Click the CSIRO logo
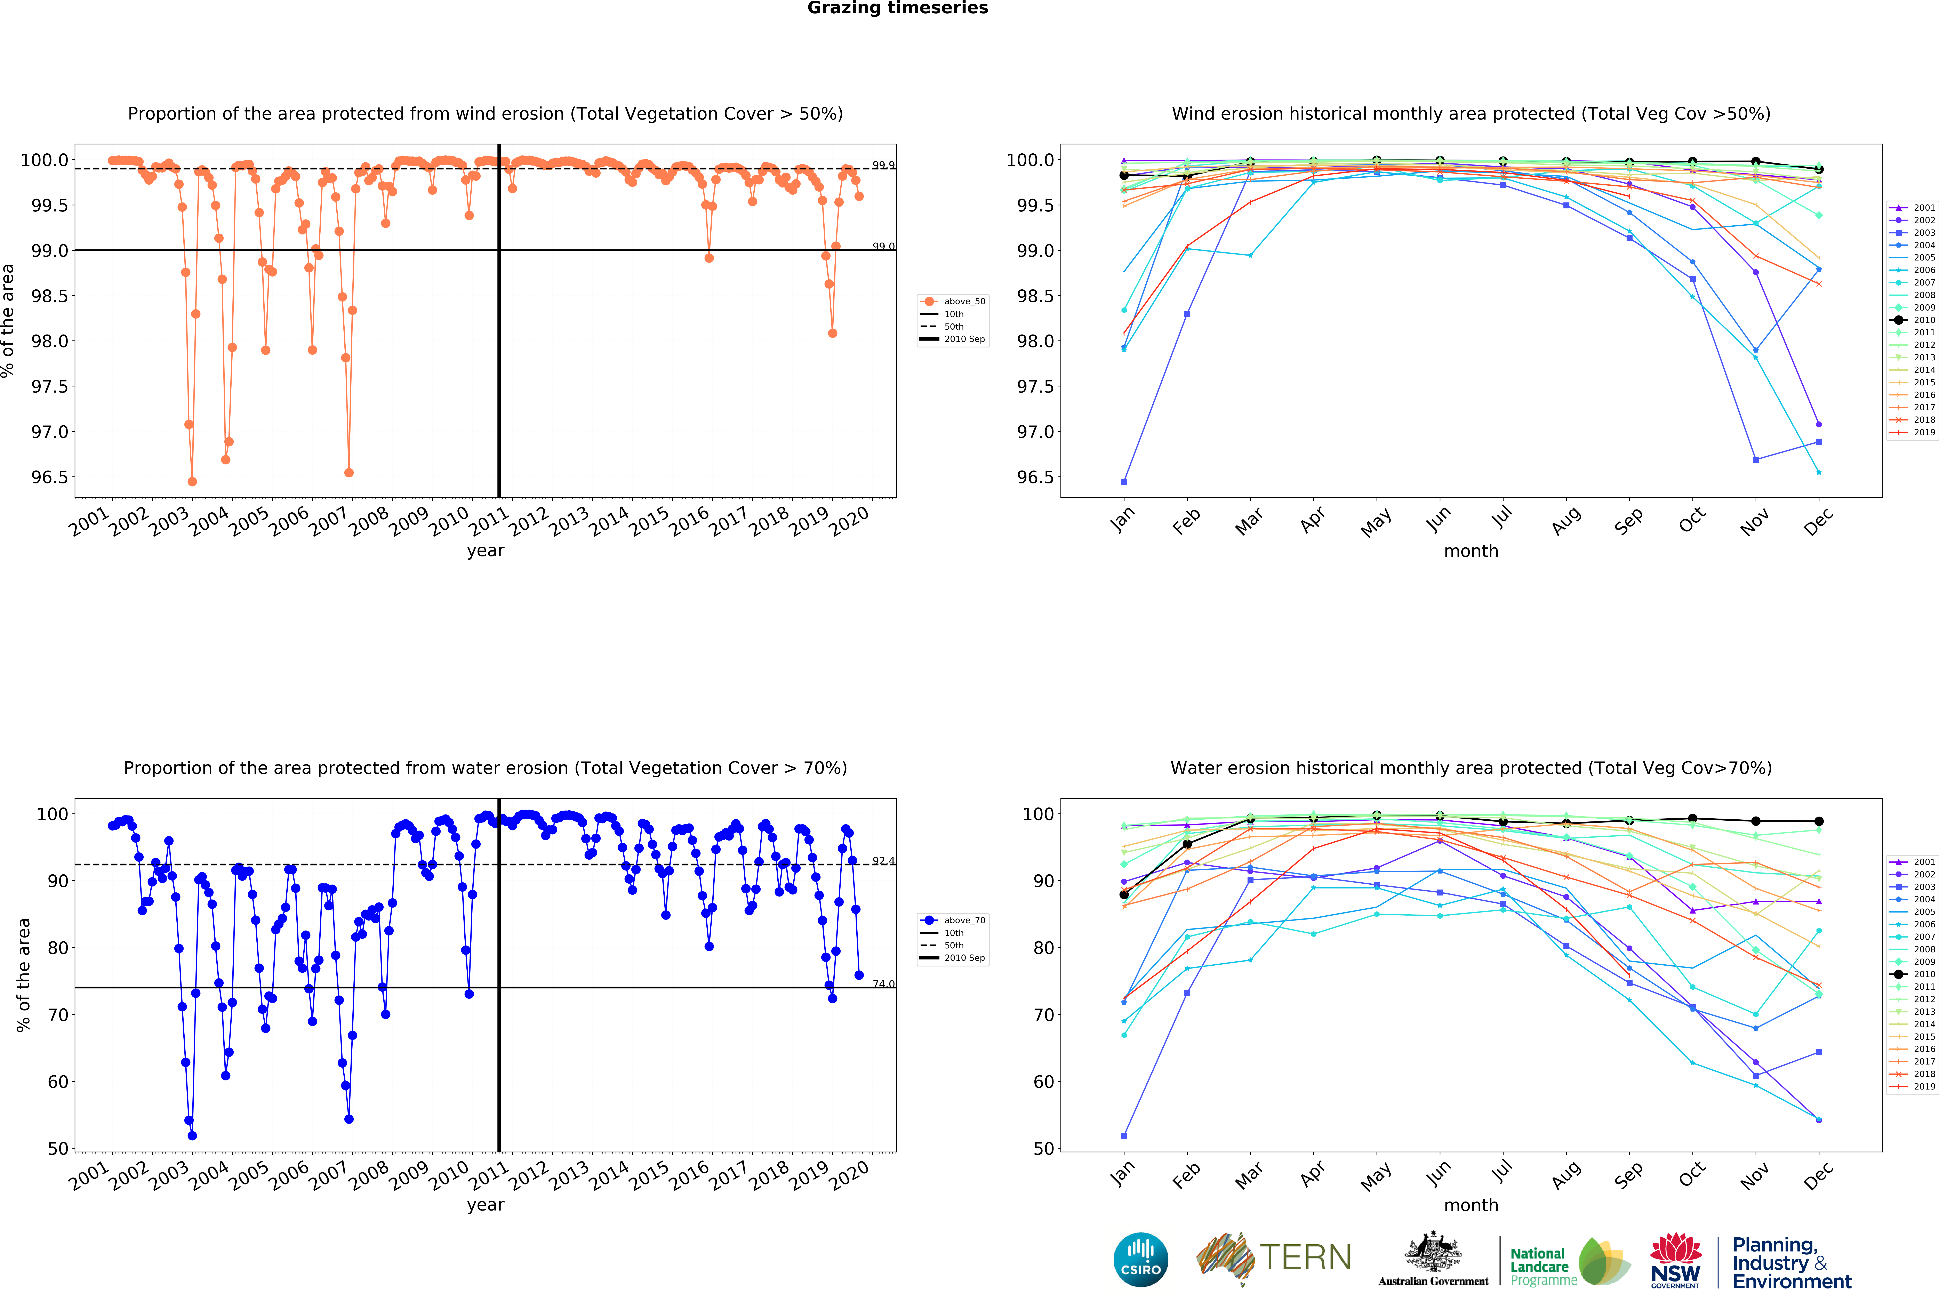tap(1140, 1259)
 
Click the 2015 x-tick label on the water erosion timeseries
tap(649, 1175)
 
